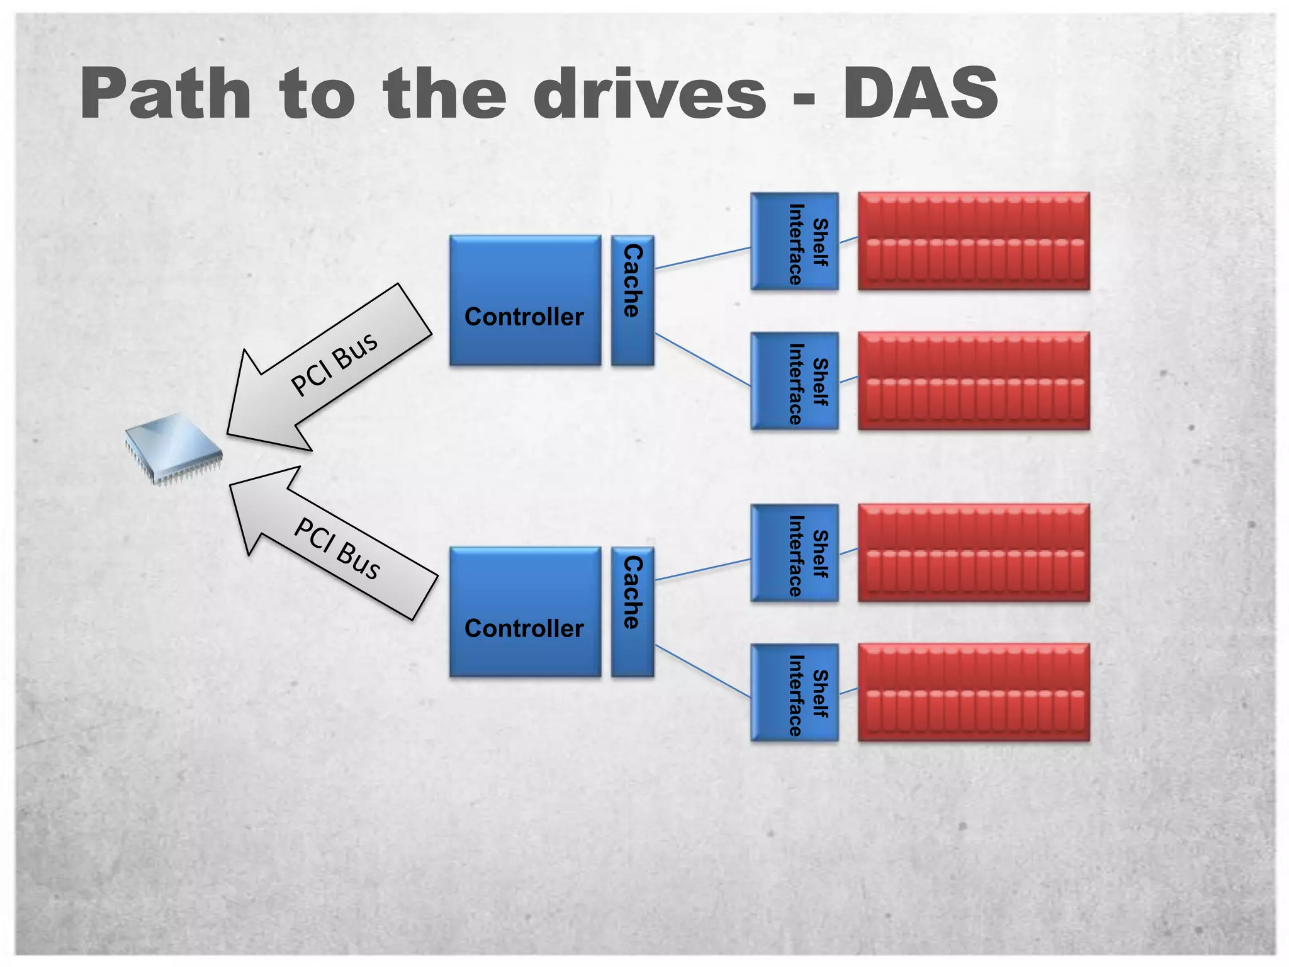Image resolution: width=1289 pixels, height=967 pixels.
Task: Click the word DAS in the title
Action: point(920,93)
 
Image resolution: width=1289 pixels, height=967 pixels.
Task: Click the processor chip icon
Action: point(174,448)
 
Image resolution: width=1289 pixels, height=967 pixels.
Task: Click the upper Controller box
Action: point(525,300)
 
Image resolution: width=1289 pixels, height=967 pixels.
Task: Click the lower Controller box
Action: point(525,612)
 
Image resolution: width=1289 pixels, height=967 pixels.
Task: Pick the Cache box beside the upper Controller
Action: point(633,300)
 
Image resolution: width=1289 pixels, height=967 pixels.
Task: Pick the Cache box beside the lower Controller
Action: point(633,612)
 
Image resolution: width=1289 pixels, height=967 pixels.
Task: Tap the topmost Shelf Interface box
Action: point(794,242)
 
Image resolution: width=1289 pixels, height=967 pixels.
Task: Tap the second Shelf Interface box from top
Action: point(794,381)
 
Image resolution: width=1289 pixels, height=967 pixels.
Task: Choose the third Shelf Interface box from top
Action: point(794,553)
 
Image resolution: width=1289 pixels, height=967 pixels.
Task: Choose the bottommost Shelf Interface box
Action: point(794,693)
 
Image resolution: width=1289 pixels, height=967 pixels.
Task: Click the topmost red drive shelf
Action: point(974,242)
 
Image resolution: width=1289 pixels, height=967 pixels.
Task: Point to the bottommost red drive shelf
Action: point(974,693)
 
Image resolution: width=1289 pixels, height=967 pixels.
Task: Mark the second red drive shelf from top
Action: point(974,381)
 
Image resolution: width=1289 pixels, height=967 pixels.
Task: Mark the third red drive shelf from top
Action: point(974,553)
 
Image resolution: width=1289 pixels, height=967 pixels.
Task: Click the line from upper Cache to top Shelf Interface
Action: point(702,258)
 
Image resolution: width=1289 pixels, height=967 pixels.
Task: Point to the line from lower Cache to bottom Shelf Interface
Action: point(702,671)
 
